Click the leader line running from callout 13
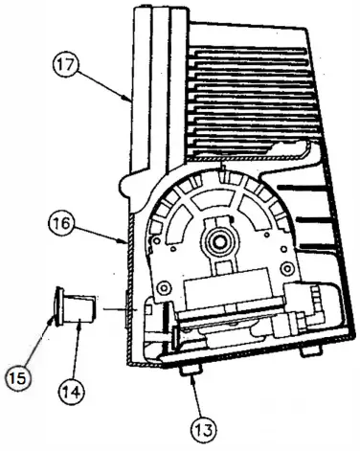pos(192,394)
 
